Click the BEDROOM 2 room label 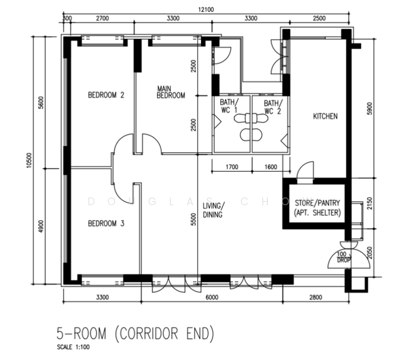tap(106, 95)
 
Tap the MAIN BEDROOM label tap(171, 92)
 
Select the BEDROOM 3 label tap(106, 224)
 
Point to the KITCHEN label tap(325, 116)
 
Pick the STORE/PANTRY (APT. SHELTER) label tap(317, 208)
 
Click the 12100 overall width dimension tap(206, 10)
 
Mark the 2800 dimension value tap(316, 297)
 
